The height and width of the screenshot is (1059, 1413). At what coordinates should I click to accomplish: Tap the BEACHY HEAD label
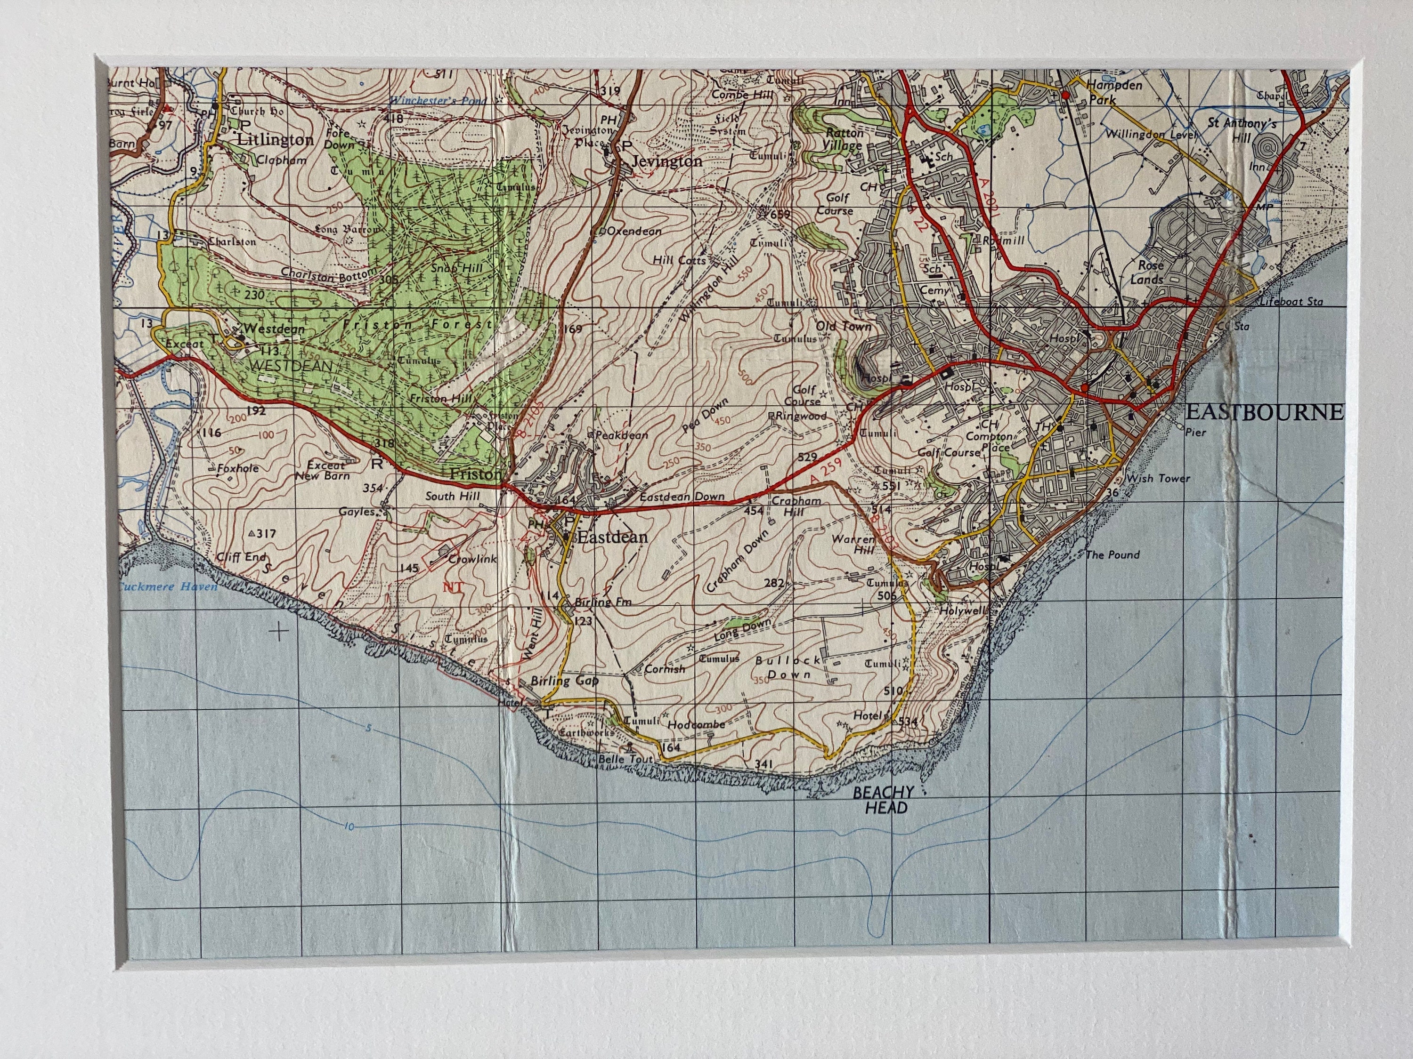coord(884,800)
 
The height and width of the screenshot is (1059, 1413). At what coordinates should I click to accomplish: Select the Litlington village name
coord(275,140)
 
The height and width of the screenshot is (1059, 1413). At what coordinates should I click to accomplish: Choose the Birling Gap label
coord(565,681)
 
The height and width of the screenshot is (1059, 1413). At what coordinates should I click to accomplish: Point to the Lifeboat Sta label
coord(1291,301)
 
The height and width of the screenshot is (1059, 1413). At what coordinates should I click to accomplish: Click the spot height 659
coord(780,215)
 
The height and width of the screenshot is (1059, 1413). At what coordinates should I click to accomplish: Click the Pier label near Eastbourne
coord(1196,432)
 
